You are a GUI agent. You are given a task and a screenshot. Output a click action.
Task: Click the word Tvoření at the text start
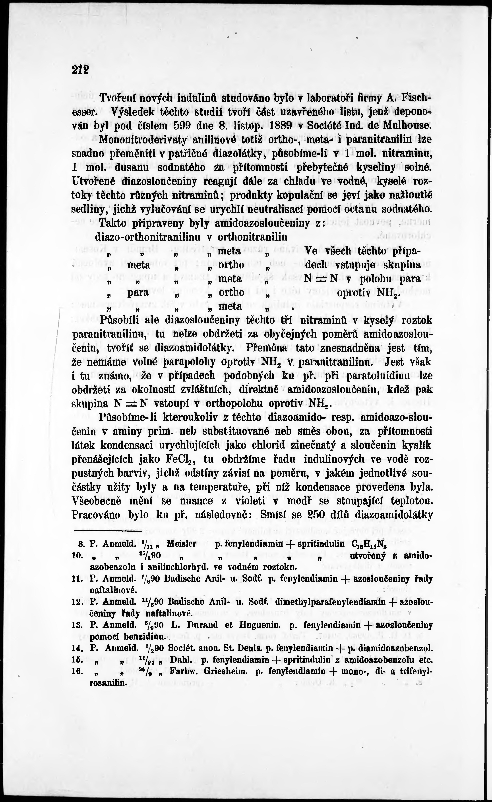120,98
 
